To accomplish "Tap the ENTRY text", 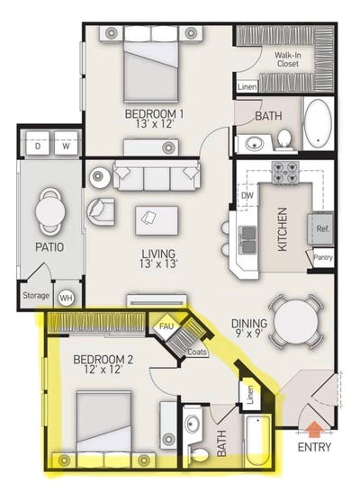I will click(x=312, y=447).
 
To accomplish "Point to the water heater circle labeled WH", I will click(x=66, y=298).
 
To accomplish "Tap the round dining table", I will click(x=295, y=321).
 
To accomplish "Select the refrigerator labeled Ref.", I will click(x=321, y=228).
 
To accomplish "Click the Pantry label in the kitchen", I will click(x=323, y=258).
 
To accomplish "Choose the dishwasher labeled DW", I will click(x=246, y=195).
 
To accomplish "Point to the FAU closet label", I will click(x=167, y=326).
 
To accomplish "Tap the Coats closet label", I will click(x=198, y=352).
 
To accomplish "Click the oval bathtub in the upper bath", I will click(x=318, y=125).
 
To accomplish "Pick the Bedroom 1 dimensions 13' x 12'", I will click(x=155, y=127).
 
